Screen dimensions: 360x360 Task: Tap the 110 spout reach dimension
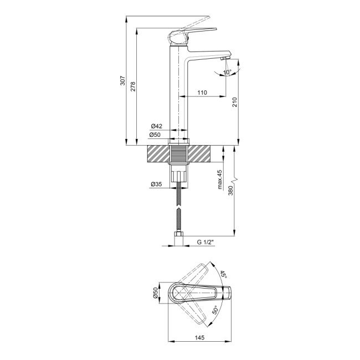point(202,92)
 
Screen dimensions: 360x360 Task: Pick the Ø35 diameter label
point(156,185)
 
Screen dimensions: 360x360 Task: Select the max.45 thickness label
point(220,181)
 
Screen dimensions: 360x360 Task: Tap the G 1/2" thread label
point(207,242)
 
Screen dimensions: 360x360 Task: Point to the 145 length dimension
point(198,337)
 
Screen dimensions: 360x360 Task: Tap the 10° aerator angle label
point(228,71)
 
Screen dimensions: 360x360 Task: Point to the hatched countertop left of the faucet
point(157,155)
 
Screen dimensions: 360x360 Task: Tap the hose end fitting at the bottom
point(178,240)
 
